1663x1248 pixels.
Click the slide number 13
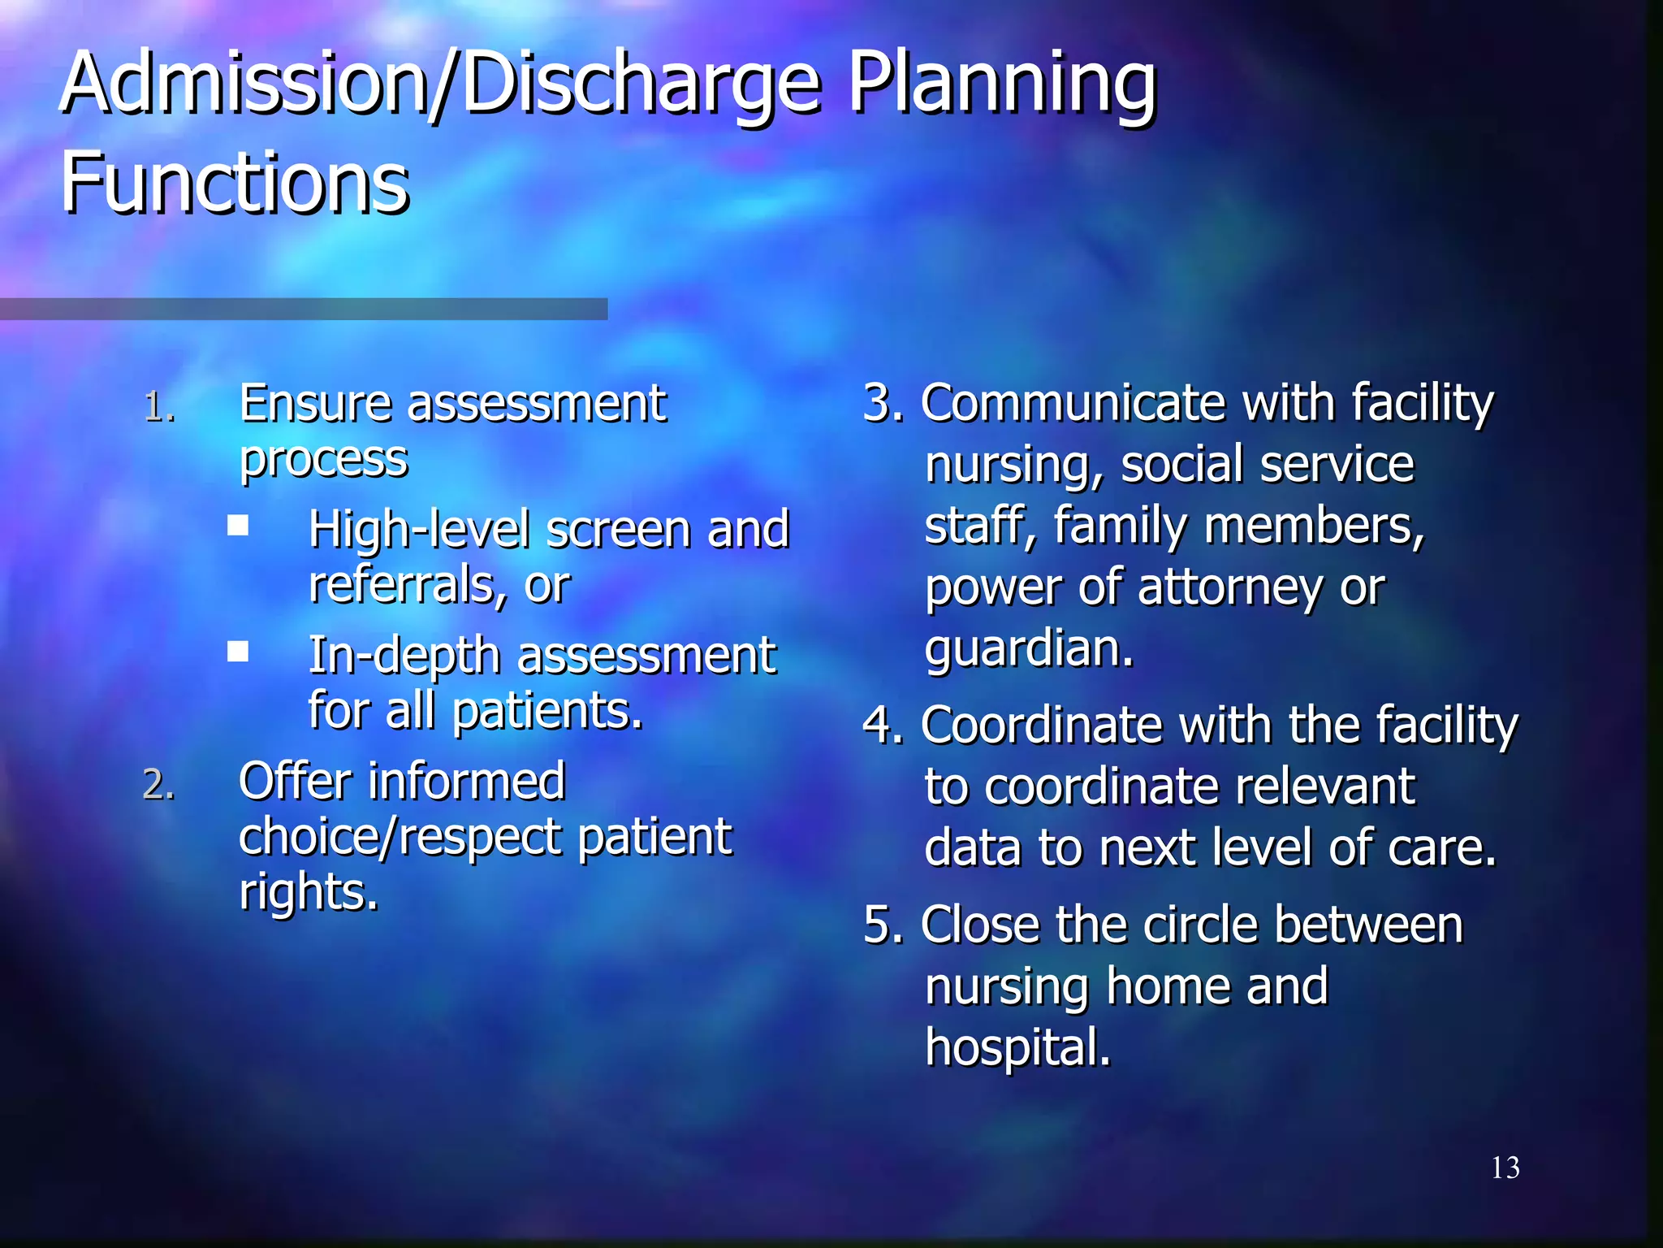[x=1505, y=1168]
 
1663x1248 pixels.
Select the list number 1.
[x=158, y=407]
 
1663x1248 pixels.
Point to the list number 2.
[x=158, y=785]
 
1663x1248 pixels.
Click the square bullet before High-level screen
[x=238, y=526]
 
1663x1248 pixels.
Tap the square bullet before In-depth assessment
[x=238, y=651]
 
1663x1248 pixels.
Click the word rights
[x=309, y=892]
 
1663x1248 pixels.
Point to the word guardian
[x=1029, y=649]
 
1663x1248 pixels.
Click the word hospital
[x=1017, y=1047]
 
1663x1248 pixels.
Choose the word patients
[x=547, y=712]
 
